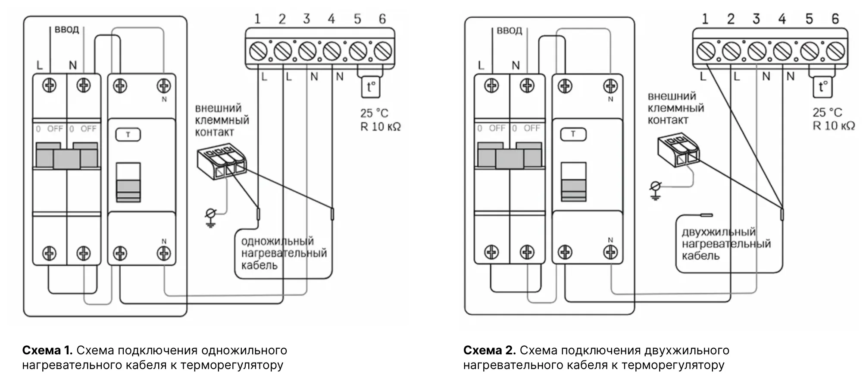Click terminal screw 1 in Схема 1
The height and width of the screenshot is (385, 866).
click(x=258, y=52)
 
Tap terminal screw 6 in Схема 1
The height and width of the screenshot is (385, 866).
click(x=382, y=52)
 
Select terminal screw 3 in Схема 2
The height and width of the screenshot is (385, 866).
click(x=757, y=52)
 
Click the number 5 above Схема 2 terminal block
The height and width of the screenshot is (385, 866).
click(x=809, y=19)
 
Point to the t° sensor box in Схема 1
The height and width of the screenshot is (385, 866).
click(x=370, y=87)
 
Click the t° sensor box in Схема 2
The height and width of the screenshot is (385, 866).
click(x=822, y=87)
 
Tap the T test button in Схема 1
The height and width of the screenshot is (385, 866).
click(x=128, y=135)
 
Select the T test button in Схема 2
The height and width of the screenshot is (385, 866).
click(x=573, y=134)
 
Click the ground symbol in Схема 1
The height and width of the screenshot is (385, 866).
click(x=211, y=217)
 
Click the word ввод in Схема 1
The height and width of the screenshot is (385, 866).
click(x=67, y=30)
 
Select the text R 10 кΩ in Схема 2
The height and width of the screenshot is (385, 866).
click(x=834, y=126)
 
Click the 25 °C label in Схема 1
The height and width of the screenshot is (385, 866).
click(x=374, y=114)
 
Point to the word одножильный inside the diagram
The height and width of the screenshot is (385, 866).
click(x=277, y=241)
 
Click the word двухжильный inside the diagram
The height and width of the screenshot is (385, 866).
click(x=719, y=232)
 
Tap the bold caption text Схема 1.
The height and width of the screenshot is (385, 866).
click(x=47, y=350)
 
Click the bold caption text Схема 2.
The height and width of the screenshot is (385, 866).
click(x=489, y=350)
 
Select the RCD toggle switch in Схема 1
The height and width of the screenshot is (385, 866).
click(x=128, y=181)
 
